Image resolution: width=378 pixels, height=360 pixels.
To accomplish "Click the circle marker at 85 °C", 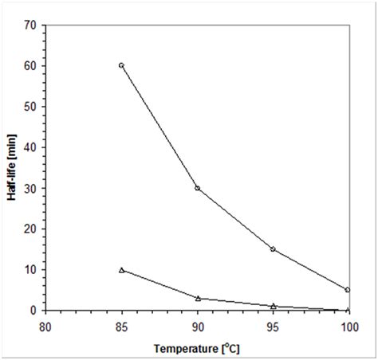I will click(x=121, y=65).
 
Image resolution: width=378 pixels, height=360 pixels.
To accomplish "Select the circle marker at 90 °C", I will click(x=197, y=188).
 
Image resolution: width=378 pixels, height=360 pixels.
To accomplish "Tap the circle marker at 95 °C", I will click(x=273, y=249).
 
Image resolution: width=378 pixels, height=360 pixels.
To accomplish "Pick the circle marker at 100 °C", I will click(x=348, y=290).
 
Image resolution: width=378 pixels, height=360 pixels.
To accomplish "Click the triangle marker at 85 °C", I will click(x=121, y=270).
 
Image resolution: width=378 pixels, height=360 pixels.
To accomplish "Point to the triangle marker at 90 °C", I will click(x=197, y=298).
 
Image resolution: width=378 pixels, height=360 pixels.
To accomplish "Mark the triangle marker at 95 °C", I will click(x=273, y=306).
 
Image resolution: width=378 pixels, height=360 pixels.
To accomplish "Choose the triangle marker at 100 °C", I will click(x=348, y=310).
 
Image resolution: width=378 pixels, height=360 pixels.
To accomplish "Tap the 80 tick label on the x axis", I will click(x=45, y=325).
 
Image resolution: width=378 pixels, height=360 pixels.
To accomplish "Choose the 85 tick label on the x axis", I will click(x=121, y=325).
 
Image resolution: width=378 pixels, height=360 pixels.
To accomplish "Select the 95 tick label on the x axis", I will click(x=273, y=325).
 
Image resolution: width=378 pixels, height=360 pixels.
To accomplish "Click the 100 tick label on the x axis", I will click(x=348, y=325).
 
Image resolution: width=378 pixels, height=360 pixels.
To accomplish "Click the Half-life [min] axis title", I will click(x=14, y=166).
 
